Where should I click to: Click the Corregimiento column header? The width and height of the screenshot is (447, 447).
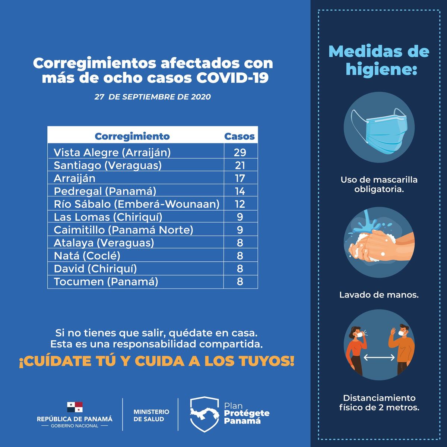pos(132,136)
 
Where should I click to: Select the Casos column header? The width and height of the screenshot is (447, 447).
pos(240,136)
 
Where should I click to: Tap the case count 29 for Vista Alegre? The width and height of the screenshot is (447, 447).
pos(240,152)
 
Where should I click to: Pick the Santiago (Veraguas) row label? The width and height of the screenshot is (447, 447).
pos(108,165)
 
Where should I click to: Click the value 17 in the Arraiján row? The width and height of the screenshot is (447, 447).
pos(240,178)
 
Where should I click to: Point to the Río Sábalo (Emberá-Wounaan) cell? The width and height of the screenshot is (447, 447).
pos(136,204)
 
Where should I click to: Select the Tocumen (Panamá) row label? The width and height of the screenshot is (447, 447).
pos(106,281)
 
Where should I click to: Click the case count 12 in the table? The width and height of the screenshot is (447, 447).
pos(240,204)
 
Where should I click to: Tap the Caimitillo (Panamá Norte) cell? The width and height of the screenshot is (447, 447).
pos(123,230)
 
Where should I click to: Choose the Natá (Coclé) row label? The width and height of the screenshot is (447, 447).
pos(87,256)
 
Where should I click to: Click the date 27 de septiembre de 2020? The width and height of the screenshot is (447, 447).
pos(152,97)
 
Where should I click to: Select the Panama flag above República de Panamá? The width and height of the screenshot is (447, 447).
pos(74,407)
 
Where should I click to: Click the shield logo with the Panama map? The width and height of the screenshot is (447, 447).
pos(204,414)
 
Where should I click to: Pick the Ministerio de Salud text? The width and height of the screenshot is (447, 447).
pos(151,415)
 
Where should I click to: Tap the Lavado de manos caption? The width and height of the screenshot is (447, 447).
pos(379,295)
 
